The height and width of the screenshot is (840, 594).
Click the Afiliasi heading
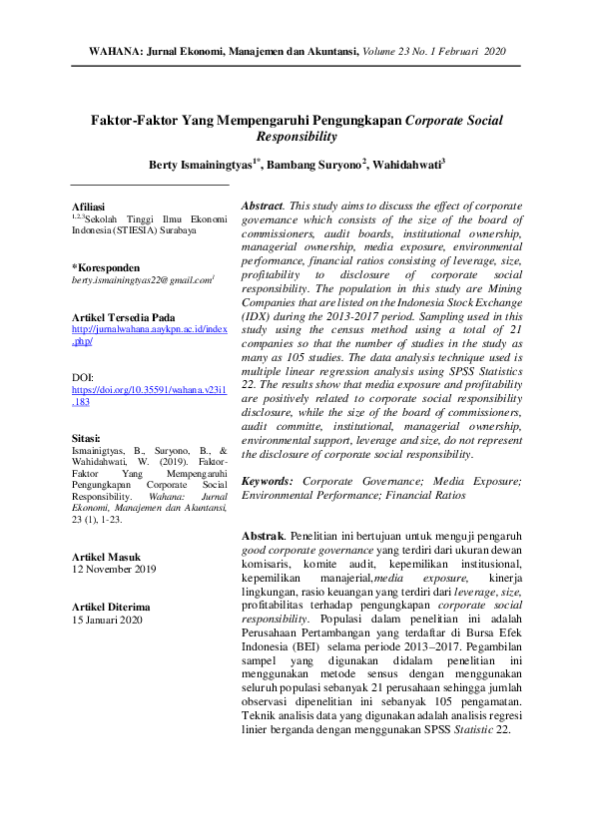pos(88,208)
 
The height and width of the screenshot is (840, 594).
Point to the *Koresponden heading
pos(105,267)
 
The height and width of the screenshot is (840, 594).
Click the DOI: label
pos(83,377)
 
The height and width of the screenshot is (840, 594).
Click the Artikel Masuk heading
pos(107,556)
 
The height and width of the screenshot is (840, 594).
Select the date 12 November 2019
pos(114,570)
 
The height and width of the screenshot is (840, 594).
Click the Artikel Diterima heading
pos(111,606)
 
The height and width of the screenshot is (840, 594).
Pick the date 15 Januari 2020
pos(107,620)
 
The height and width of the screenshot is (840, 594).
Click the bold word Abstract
pos(262,205)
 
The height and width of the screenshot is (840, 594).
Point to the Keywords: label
pos(269,481)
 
